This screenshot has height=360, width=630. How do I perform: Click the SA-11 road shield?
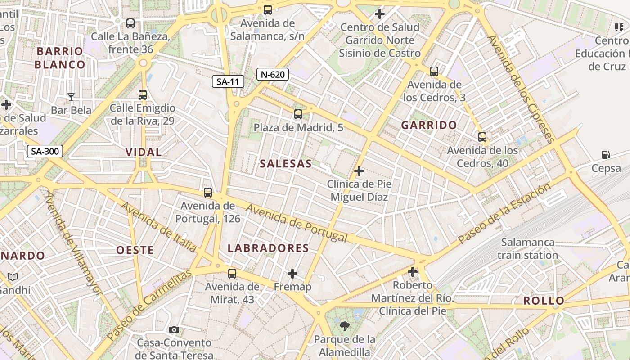(x=228, y=81)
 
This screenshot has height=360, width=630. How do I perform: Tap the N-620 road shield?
(x=272, y=74)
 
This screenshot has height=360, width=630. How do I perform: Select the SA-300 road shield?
(x=45, y=151)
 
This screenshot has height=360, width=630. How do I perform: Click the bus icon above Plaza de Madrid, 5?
(x=298, y=114)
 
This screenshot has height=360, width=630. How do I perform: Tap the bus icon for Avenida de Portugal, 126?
(x=208, y=193)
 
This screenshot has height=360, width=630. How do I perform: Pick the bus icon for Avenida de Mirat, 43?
(x=232, y=273)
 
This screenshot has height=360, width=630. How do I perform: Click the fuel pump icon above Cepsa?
(x=606, y=155)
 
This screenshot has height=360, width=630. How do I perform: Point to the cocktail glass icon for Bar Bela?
(x=71, y=97)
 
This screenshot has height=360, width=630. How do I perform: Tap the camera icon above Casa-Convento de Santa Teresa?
(x=174, y=329)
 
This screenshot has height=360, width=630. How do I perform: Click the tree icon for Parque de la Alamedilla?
(x=345, y=326)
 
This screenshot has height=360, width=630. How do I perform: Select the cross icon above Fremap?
(x=292, y=273)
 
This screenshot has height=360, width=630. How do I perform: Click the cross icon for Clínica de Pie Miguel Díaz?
(x=359, y=171)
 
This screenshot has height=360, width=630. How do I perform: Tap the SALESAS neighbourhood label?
(x=286, y=164)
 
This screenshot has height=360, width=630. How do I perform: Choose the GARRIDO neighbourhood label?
(x=429, y=125)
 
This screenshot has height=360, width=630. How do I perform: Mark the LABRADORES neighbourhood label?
(x=268, y=248)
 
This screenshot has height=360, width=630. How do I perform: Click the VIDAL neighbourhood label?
(x=144, y=152)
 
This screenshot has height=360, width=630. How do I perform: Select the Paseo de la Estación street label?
(x=504, y=213)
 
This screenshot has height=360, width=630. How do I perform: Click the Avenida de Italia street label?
(x=158, y=227)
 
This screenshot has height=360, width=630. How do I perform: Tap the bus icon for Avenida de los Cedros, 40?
(x=482, y=137)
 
